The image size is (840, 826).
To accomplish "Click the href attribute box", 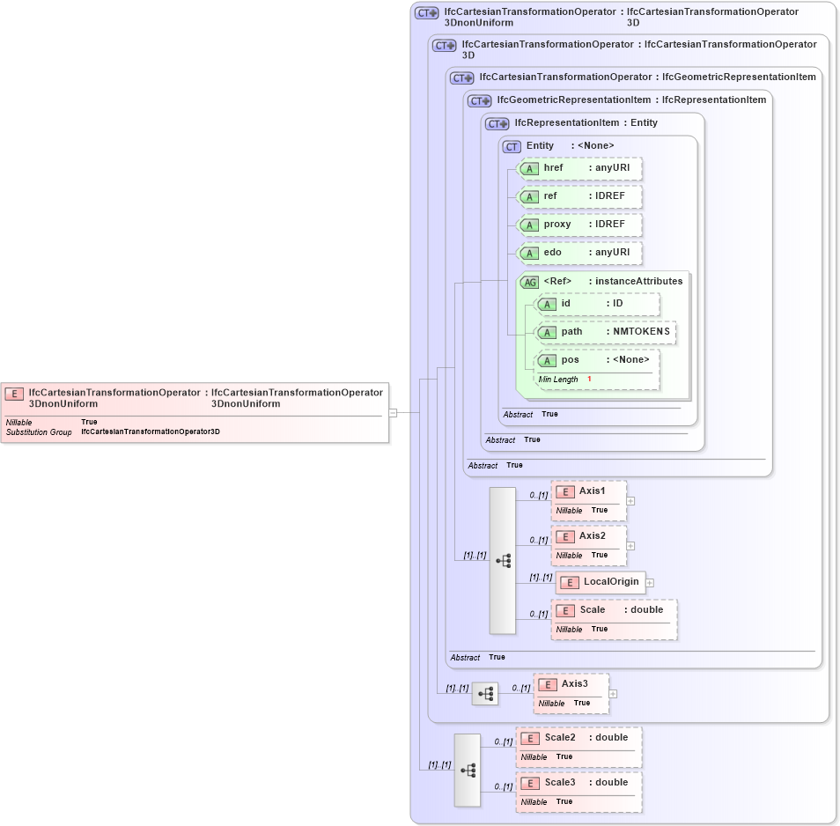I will click(x=579, y=168).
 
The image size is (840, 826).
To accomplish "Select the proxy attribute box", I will click(x=579, y=225).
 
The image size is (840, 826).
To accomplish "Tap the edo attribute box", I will click(x=579, y=253).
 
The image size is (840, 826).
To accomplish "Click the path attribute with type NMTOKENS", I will click(x=606, y=332).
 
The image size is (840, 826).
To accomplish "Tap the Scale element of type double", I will click(x=614, y=619).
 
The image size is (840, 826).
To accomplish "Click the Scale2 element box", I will click(x=578, y=746).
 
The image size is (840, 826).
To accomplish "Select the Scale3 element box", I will click(x=578, y=792).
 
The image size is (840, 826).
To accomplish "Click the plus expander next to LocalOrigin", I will click(x=650, y=582).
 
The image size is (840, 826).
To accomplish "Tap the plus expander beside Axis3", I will click(x=613, y=693).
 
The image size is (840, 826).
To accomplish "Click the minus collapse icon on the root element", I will click(x=393, y=411).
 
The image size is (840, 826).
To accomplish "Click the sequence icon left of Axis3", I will click(x=484, y=694).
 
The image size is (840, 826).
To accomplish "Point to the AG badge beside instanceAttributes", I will click(x=530, y=282).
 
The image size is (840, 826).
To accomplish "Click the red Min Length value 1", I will click(x=589, y=379).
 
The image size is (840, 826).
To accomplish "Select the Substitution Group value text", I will click(x=150, y=432).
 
